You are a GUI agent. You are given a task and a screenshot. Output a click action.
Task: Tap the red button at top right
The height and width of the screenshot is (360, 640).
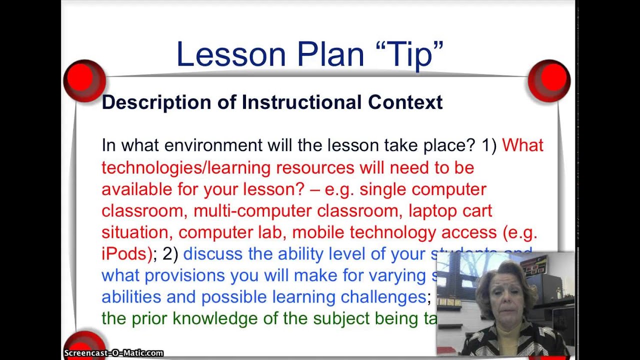tap(549, 79)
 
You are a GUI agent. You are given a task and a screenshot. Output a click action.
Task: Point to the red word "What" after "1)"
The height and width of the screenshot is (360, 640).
tap(522, 145)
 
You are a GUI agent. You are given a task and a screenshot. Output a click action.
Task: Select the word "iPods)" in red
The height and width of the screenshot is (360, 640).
tap(126, 254)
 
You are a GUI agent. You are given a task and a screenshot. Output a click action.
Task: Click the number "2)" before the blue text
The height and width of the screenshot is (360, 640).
tap(170, 254)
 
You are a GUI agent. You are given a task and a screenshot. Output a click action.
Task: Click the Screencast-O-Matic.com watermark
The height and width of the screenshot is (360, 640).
tap(113, 353)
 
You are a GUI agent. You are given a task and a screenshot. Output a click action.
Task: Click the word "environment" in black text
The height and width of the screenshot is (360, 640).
tap(213, 145)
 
